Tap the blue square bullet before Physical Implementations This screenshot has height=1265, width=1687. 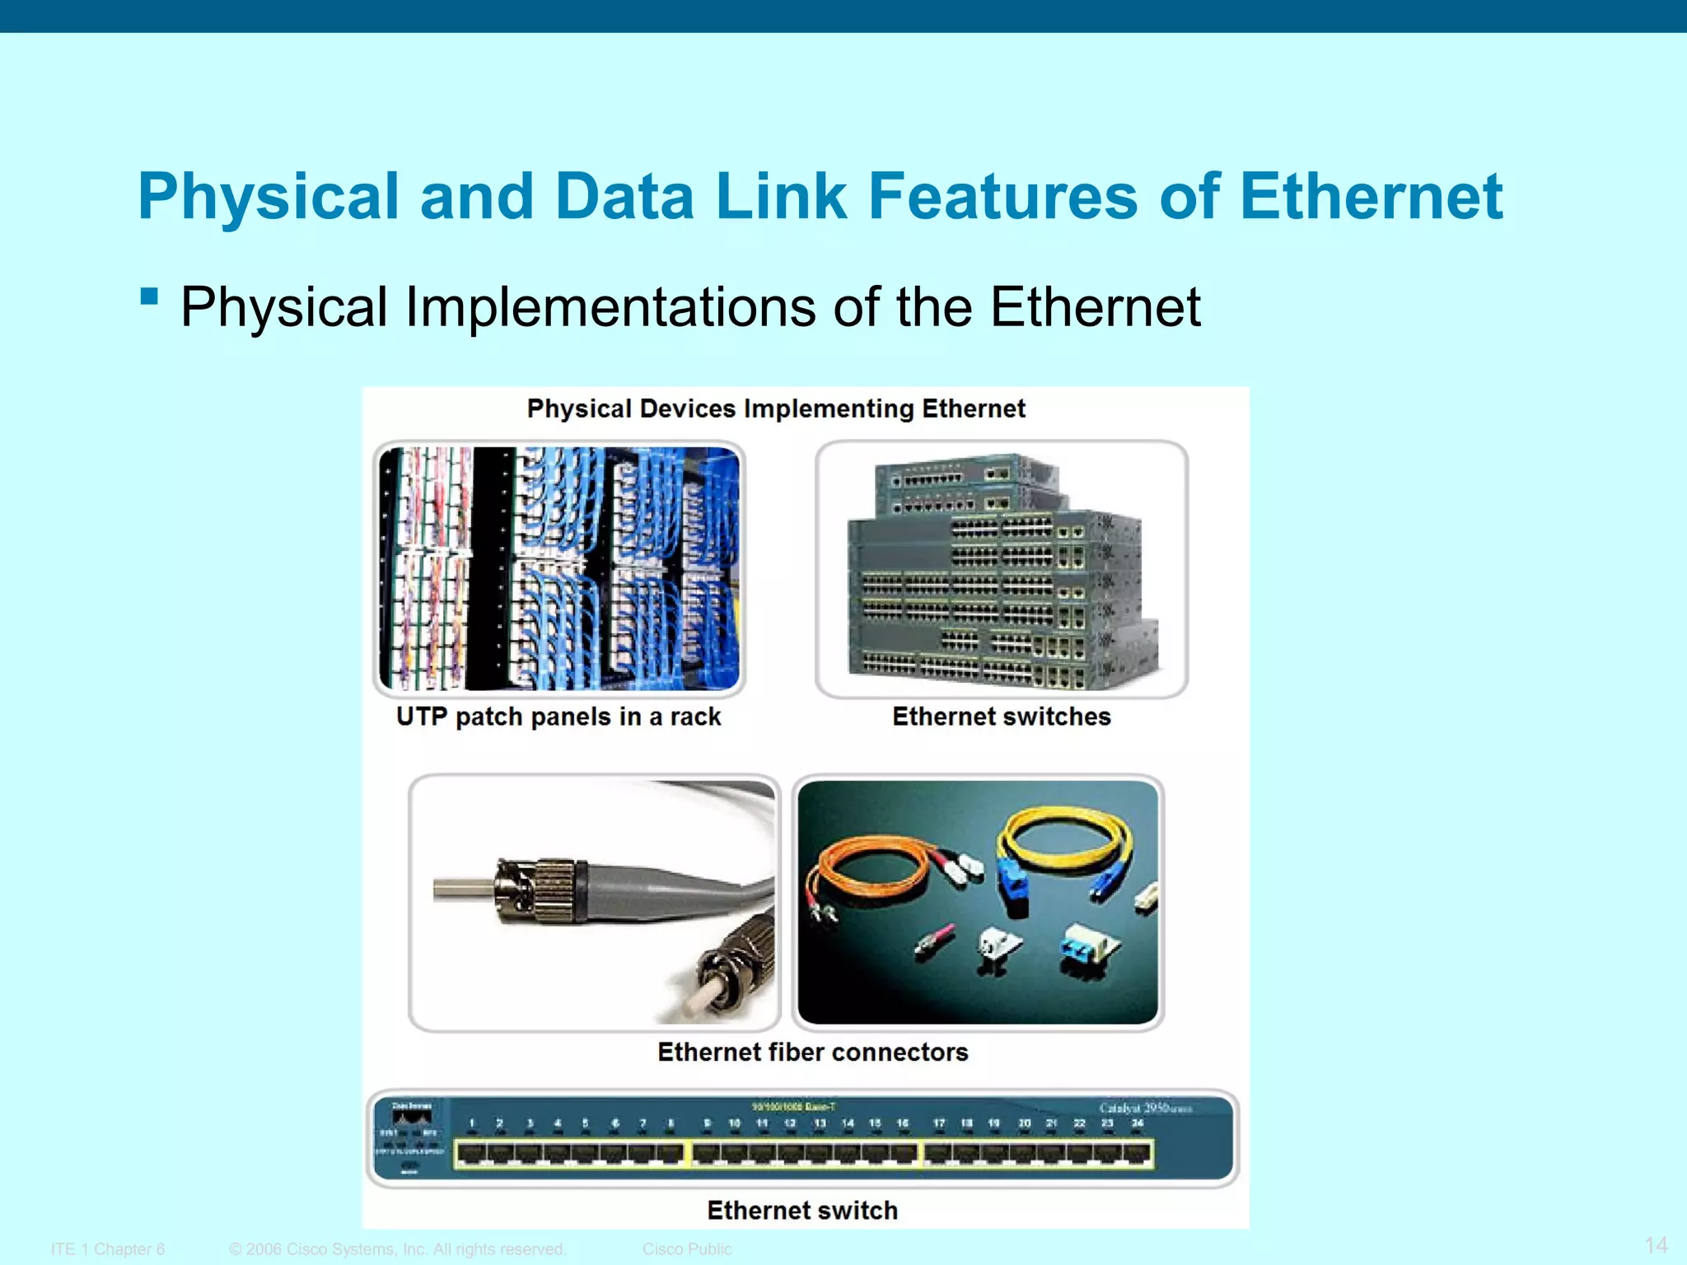(x=149, y=296)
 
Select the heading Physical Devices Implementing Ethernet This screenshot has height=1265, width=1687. (x=776, y=408)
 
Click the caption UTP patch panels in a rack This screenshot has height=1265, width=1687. (x=558, y=717)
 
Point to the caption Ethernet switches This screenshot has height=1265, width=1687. (x=1001, y=717)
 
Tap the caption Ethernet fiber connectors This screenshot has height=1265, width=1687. (x=812, y=1052)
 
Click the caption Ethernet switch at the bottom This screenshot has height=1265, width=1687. (x=802, y=1210)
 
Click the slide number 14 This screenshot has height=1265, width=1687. (x=1656, y=1244)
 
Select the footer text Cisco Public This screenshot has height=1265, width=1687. (x=687, y=1249)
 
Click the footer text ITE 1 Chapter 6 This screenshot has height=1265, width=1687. (x=108, y=1249)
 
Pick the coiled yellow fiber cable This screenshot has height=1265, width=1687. (x=1063, y=840)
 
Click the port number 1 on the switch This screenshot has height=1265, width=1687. (x=472, y=1123)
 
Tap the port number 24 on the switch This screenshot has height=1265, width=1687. (x=1137, y=1123)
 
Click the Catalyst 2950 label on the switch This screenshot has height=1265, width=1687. (x=1145, y=1108)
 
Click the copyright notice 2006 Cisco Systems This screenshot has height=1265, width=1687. (x=398, y=1249)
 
